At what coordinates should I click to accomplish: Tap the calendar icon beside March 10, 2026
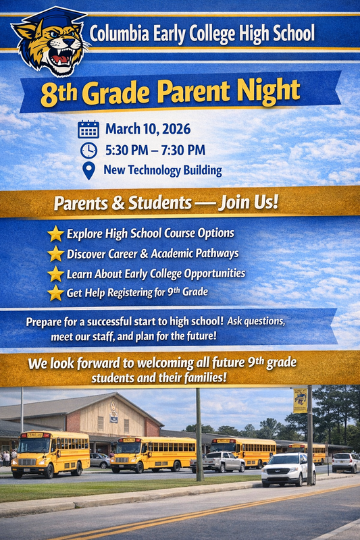pos(88,128)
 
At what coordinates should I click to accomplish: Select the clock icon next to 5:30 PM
pos(88,150)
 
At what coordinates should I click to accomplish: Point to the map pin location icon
pos(88,171)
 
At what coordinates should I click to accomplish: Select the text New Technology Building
pos(162,170)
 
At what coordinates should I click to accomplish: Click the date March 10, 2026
pos(147,128)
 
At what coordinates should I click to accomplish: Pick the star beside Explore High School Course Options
pos(55,234)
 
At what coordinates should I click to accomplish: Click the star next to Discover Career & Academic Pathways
pos(55,254)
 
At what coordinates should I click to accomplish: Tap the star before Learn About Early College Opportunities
pos(55,273)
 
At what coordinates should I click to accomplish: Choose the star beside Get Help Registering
pos(55,293)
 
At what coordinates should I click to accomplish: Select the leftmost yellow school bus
pos(50,453)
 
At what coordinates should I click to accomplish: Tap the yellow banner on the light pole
pos(300,400)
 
